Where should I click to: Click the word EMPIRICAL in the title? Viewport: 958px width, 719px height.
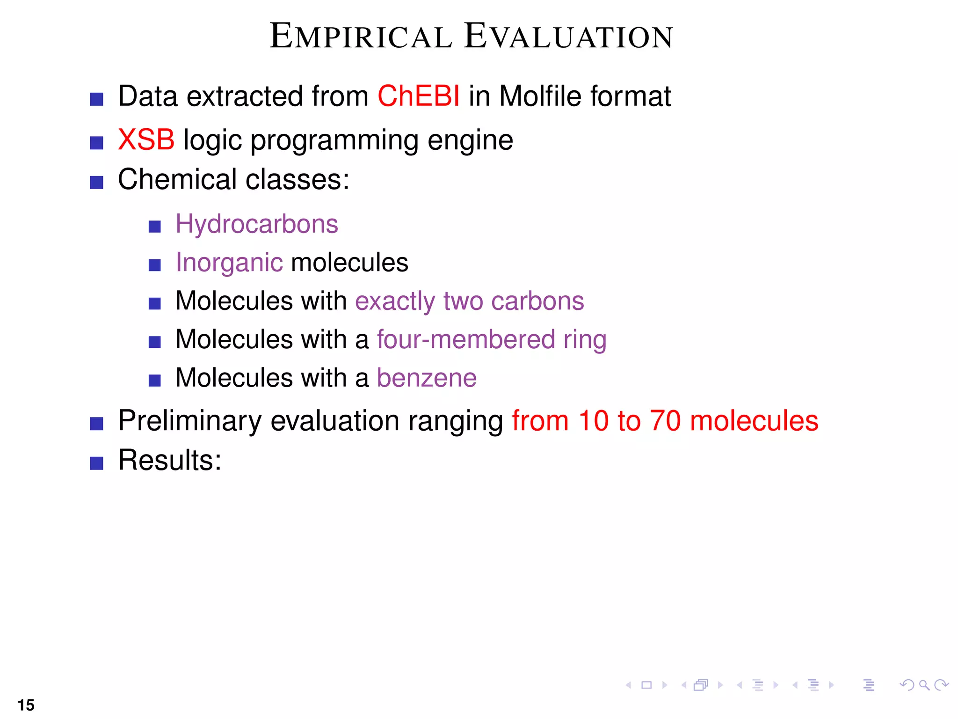pyautogui.click(x=361, y=37)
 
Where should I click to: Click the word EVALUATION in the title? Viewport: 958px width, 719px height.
pyautogui.click(x=568, y=37)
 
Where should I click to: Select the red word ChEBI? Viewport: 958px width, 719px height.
pyautogui.click(x=418, y=96)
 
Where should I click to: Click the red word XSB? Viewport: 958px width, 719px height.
pyautogui.click(x=146, y=139)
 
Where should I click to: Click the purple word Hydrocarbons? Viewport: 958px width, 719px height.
pyautogui.click(x=256, y=224)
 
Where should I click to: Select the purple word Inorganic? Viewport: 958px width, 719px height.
pyautogui.click(x=229, y=263)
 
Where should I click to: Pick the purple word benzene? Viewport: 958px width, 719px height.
pyautogui.click(x=426, y=378)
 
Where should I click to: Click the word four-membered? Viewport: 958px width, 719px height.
pyautogui.click(x=466, y=339)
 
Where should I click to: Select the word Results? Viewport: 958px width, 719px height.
pyautogui.click(x=169, y=460)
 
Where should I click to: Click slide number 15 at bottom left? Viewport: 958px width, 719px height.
pyautogui.click(x=26, y=705)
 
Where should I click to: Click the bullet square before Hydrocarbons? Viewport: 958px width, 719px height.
pyautogui.click(x=154, y=227)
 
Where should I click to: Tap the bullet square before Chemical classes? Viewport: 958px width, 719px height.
pyautogui.click(x=96, y=183)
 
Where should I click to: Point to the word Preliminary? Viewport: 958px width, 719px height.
pyautogui.click(x=189, y=421)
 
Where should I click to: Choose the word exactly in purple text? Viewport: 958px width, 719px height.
pyautogui.click(x=395, y=301)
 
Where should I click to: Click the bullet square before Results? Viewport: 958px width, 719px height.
pyautogui.click(x=96, y=463)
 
